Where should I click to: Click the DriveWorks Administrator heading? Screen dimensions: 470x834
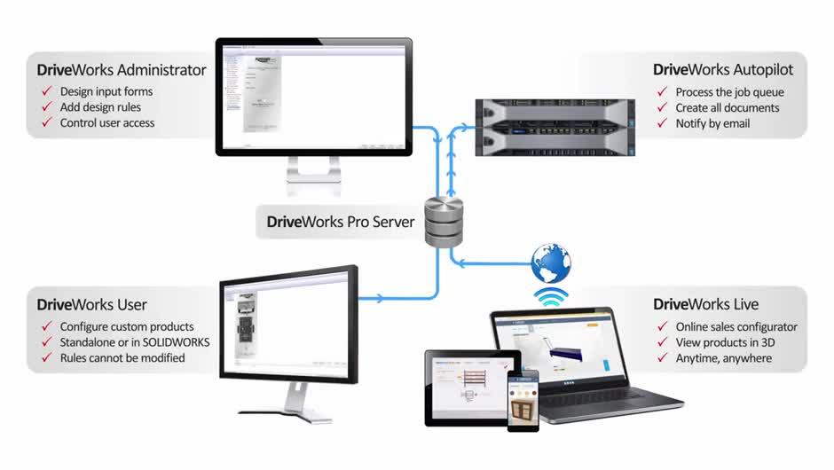[x=122, y=70]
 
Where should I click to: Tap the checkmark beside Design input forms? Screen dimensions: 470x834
[x=46, y=91]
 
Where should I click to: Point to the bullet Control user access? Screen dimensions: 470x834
[x=106, y=123]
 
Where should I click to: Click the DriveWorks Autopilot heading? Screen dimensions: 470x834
[x=723, y=70]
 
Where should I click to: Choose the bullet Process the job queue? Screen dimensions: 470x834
[x=729, y=91]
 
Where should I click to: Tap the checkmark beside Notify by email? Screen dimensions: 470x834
[x=661, y=123]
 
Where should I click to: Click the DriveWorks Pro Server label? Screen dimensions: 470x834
[x=335, y=222]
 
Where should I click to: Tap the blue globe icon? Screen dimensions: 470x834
[x=551, y=263]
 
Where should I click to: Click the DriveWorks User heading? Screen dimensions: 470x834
[x=92, y=305]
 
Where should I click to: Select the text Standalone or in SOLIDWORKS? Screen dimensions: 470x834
[x=135, y=342]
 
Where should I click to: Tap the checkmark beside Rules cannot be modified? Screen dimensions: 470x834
[x=46, y=358]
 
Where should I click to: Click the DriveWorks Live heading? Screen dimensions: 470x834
[x=705, y=305]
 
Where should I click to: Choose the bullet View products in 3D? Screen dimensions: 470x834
[x=727, y=342]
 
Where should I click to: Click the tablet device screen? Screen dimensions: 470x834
[x=471, y=387]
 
